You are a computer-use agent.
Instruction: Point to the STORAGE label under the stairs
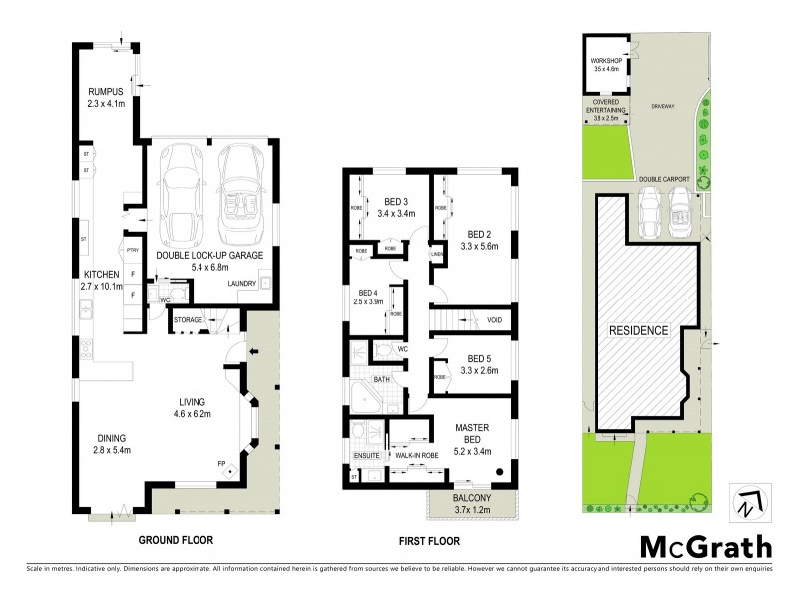point(188,319)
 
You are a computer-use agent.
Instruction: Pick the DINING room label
point(111,436)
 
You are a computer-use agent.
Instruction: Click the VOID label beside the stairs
point(495,320)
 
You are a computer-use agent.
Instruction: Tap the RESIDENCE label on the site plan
point(638,329)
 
